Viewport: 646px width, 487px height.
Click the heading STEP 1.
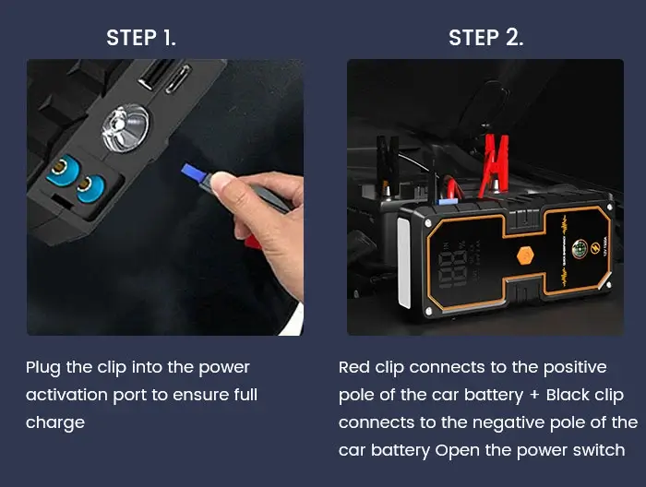(141, 38)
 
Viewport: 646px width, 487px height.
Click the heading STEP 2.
(486, 38)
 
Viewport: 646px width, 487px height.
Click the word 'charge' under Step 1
(55, 422)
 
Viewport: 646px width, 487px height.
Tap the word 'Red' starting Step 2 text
(355, 367)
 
